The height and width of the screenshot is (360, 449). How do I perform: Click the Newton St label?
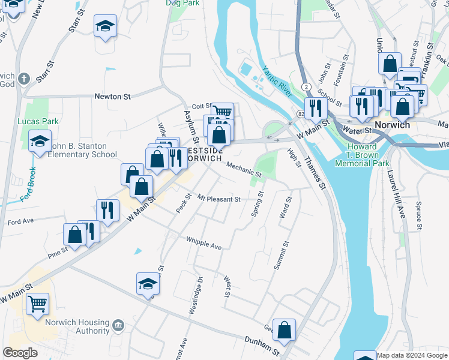(112, 96)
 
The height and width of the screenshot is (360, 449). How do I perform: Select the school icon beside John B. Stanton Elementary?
(40, 142)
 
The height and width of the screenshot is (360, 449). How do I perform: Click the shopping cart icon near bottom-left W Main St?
(37, 304)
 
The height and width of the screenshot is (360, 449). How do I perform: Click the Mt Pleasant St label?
(218, 199)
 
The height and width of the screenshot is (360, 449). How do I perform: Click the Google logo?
(20, 352)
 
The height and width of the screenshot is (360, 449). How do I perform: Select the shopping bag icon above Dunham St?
(284, 329)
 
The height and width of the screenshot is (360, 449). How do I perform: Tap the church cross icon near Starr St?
(24, 79)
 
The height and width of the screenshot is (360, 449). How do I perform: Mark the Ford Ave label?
(20, 221)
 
